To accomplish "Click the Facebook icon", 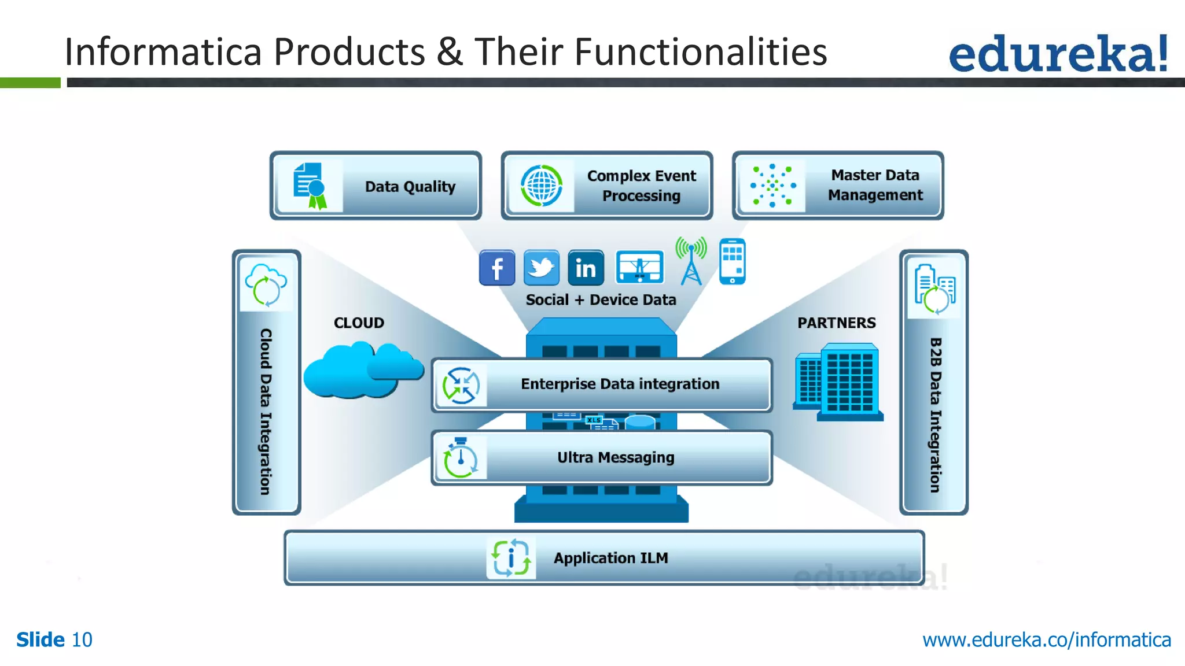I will point(496,268).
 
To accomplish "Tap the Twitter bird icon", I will point(541,268).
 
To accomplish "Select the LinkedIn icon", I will point(586,268).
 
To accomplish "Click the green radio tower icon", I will point(691,261).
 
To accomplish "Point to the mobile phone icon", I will point(732,261).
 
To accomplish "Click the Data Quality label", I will point(410,187).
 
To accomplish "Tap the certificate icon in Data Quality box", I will point(310,186).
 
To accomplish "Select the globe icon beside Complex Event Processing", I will point(541,186).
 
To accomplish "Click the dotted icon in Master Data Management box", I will point(772,186).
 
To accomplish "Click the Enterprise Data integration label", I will point(620,384).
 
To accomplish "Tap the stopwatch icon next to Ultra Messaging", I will point(460,458).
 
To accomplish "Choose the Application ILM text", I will point(610,558).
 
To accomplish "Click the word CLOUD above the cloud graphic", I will point(359,323).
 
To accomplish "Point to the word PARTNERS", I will point(836,323).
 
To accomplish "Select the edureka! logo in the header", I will point(1058,53).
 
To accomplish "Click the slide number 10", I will point(82,640).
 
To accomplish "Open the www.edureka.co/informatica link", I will point(1046,640).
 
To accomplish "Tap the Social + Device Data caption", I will point(601,299).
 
